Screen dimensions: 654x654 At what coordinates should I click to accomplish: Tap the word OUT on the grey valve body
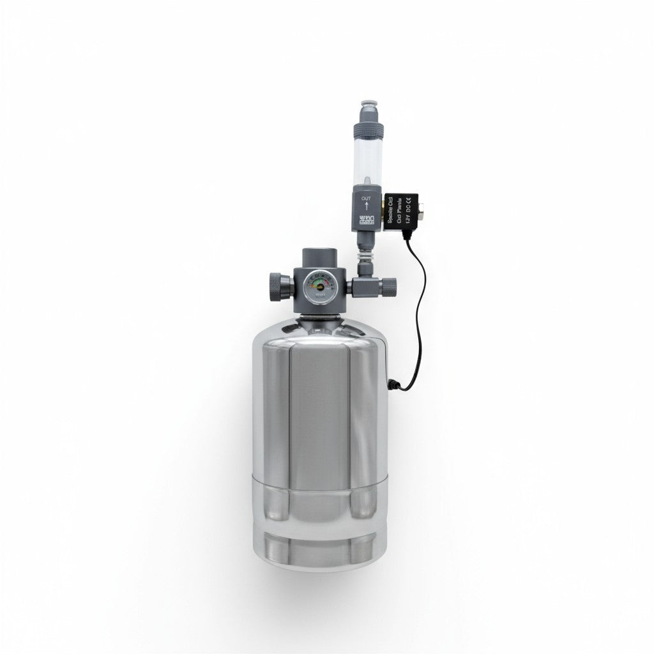[366, 199]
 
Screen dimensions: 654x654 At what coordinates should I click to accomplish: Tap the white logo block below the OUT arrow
[366, 222]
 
